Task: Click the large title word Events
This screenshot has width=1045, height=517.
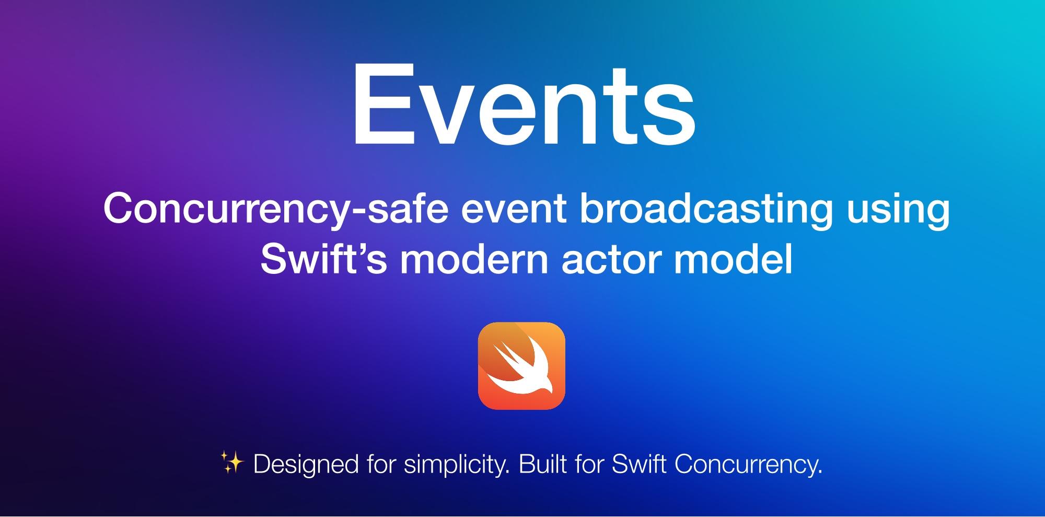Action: coord(525,105)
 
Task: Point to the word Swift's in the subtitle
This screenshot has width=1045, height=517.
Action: coord(323,259)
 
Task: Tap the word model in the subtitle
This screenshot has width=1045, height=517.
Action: coord(733,260)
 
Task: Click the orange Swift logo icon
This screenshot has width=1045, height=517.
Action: coord(521,365)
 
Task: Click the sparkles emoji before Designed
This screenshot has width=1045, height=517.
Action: coord(232,463)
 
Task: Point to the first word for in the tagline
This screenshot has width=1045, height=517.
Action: coord(381,464)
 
